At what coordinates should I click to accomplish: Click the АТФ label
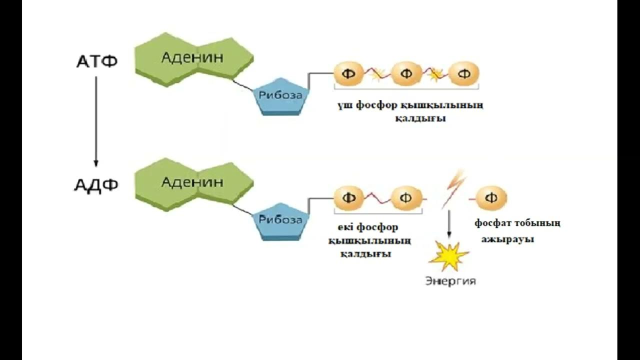click(96, 62)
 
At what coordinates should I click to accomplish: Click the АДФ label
click(96, 185)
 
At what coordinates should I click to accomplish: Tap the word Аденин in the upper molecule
click(192, 57)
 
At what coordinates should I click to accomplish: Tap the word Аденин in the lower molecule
click(192, 182)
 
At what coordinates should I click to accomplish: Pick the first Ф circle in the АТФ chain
click(348, 74)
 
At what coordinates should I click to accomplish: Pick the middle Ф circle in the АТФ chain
click(406, 74)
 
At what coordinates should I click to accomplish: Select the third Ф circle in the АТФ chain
click(463, 74)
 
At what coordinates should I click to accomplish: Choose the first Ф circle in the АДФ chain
click(348, 198)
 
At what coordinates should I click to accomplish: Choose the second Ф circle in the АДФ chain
click(406, 198)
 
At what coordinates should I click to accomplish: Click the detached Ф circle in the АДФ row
click(491, 198)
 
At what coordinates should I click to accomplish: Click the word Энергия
click(450, 281)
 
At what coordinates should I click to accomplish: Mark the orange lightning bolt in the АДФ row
click(453, 189)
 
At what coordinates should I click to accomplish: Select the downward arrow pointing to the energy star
click(449, 223)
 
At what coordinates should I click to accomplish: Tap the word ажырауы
click(507, 239)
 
